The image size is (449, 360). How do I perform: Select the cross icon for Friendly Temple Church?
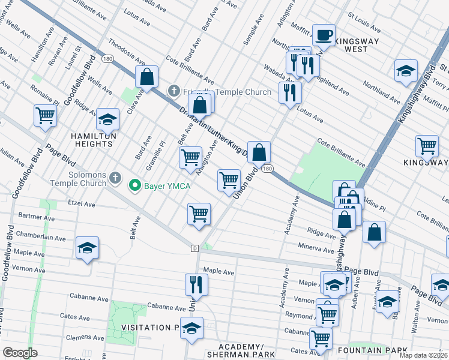tap(173, 91)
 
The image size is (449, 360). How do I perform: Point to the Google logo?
tap(20, 353)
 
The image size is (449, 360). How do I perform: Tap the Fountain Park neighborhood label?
tap(372, 350)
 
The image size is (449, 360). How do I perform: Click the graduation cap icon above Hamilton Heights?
tap(107, 119)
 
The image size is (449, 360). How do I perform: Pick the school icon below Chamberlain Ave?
tap(87, 248)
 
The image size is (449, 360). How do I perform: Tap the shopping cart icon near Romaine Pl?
tap(45, 115)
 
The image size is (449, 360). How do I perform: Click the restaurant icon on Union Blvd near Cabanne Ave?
tap(195, 284)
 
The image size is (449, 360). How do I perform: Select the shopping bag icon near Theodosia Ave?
tap(146, 77)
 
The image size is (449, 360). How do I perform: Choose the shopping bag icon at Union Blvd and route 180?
tap(259, 152)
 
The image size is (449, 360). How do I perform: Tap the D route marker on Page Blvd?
tap(194, 248)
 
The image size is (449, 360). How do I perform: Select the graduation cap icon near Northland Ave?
tap(406, 70)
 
